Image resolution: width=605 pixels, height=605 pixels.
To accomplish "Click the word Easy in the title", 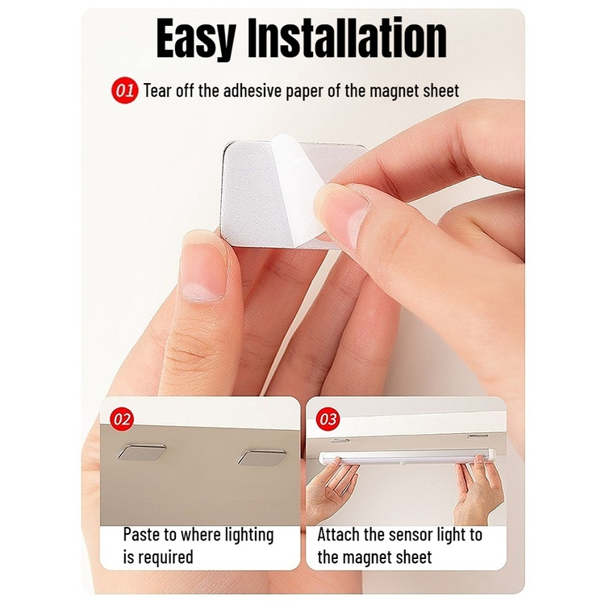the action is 196,38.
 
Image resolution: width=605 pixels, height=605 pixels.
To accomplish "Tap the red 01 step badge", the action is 124,91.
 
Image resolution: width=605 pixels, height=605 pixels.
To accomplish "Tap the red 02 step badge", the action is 122,419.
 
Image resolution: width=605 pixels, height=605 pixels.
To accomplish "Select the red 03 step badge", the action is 328,419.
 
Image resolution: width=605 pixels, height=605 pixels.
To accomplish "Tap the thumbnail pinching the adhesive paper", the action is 341,208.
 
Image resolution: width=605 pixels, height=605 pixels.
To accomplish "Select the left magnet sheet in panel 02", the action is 142,452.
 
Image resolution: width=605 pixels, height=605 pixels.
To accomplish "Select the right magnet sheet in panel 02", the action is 261,457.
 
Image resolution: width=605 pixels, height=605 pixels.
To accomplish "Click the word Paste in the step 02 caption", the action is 142,535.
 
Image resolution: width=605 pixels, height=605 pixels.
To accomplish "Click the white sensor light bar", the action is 407,458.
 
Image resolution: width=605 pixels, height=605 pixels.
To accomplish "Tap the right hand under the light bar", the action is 478,490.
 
